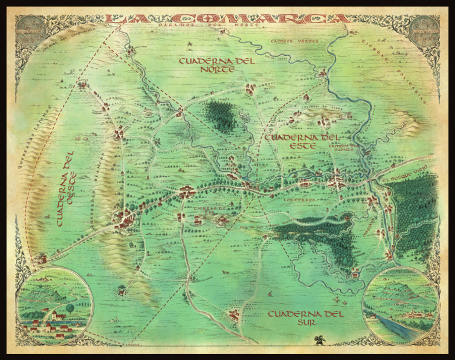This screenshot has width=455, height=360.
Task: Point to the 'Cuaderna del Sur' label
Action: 305,318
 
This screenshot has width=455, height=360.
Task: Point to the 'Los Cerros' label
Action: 297,200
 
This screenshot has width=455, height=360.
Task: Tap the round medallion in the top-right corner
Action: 426,29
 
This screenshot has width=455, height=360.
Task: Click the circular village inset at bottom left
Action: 54,305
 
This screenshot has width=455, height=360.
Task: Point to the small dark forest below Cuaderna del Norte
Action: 222,114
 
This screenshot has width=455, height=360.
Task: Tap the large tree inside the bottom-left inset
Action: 69,308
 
